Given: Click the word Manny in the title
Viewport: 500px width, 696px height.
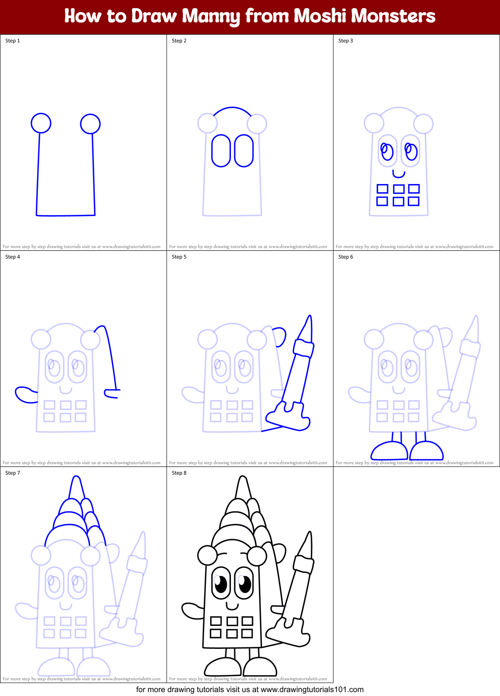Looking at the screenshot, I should point(211,16).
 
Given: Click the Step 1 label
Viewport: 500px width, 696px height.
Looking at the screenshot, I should point(13,41).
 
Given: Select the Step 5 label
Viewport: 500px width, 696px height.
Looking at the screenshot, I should point(179,257).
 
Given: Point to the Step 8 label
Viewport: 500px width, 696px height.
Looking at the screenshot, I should point(179,473).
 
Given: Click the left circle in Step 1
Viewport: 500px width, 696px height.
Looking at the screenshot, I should point(41,123).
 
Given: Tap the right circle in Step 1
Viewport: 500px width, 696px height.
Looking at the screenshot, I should point(90,124).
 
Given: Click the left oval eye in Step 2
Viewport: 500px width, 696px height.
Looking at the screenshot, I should point(221,151).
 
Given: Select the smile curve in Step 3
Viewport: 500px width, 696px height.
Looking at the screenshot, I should point(399,175).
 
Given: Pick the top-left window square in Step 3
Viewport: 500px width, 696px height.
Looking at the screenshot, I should point(382,189).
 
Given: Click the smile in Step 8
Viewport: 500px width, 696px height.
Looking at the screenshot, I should point(232,605).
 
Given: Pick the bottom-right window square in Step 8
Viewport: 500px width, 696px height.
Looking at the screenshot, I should point(247,634).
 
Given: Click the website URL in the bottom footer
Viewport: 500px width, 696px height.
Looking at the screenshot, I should point(312,690).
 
